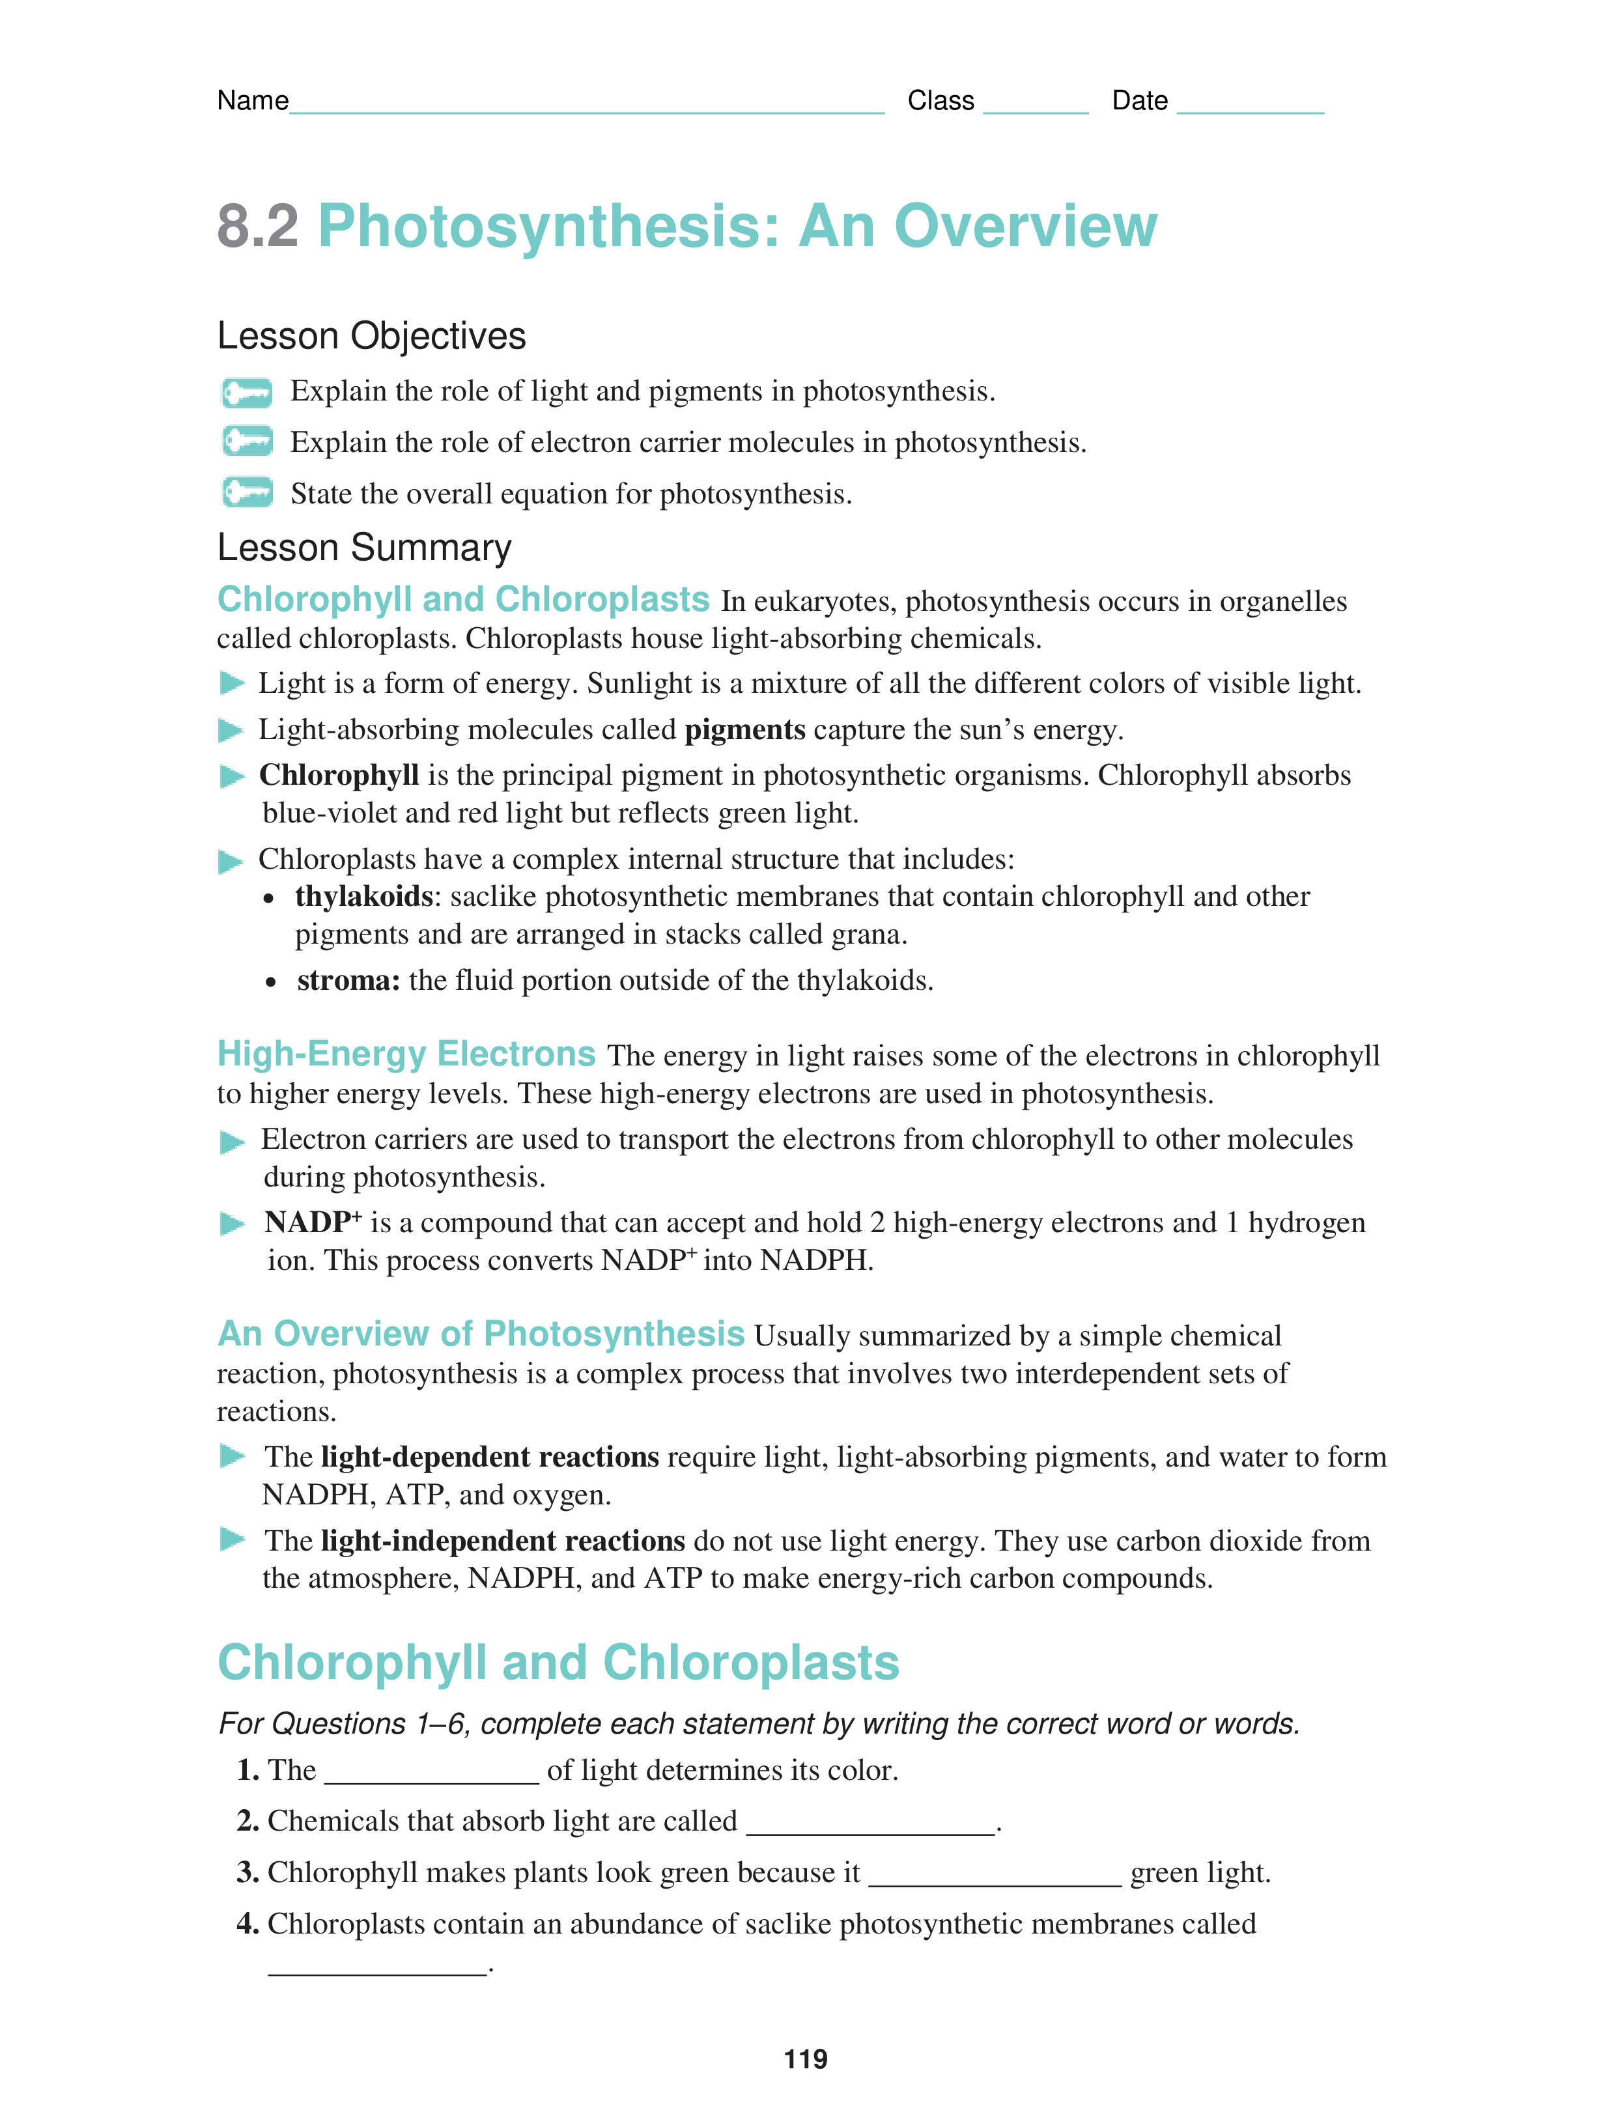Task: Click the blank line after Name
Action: coord(586,109)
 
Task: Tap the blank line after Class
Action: coord(1036,109)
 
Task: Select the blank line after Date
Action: coord(1250,109)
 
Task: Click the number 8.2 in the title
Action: coord(257,227)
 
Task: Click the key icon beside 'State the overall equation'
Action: coord(247,493)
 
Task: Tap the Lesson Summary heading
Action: coord(364,548)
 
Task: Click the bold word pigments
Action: coord(744,730)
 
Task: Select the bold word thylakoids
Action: coord(364,896)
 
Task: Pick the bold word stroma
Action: coord(348,980)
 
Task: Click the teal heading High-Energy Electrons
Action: coord(406,1054)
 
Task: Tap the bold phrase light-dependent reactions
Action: coord(490,1457)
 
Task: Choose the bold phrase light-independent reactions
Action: coord(502,1541)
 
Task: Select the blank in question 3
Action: coord(995,1882)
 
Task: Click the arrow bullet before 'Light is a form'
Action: coord(231,683)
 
